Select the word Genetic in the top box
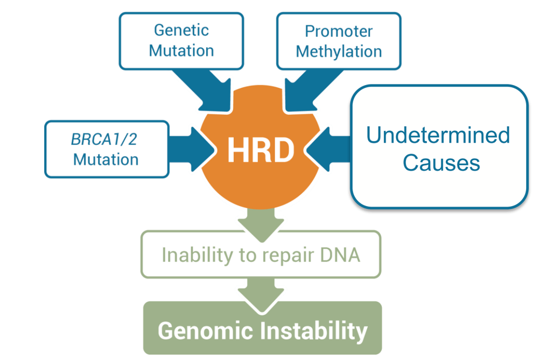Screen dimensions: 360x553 pyautogui.click(x=181, y=30)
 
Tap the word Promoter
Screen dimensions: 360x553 pyautogui.click(x=339, y=31)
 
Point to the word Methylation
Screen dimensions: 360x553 pyautogui.click(x=339, y=52)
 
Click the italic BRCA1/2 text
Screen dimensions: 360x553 pyautogui.click(x=104, y=139)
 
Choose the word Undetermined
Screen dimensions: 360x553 pyautogui.click(x=438, y=135)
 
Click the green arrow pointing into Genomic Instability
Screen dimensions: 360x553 pyautogui.click(x=261, y=294)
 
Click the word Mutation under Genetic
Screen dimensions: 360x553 pyautogui.click(x=181, y=51)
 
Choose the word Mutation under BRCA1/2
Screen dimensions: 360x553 pyautogui.click(x=106, y=159)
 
